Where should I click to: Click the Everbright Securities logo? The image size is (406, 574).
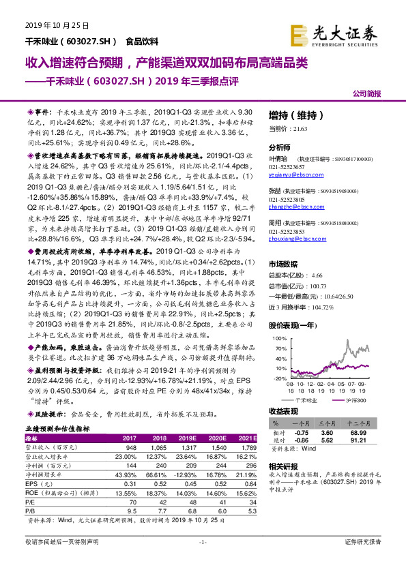pos(334,32)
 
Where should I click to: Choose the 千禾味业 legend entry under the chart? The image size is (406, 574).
pos(305,399)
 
